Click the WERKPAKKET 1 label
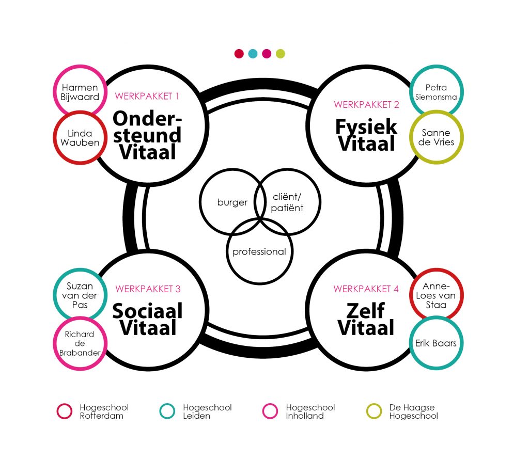(x=147, y=97)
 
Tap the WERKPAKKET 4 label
(x=366, y=289)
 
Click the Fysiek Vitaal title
(x=366, y=135)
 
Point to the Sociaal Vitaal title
(x=147, y=319)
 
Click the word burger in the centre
(x=232, y=202)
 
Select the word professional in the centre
(x=259, y=252)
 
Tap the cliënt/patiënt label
(x=287, y=202)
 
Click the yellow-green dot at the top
(x=281, y=54)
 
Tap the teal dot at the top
(x=253, y=54)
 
